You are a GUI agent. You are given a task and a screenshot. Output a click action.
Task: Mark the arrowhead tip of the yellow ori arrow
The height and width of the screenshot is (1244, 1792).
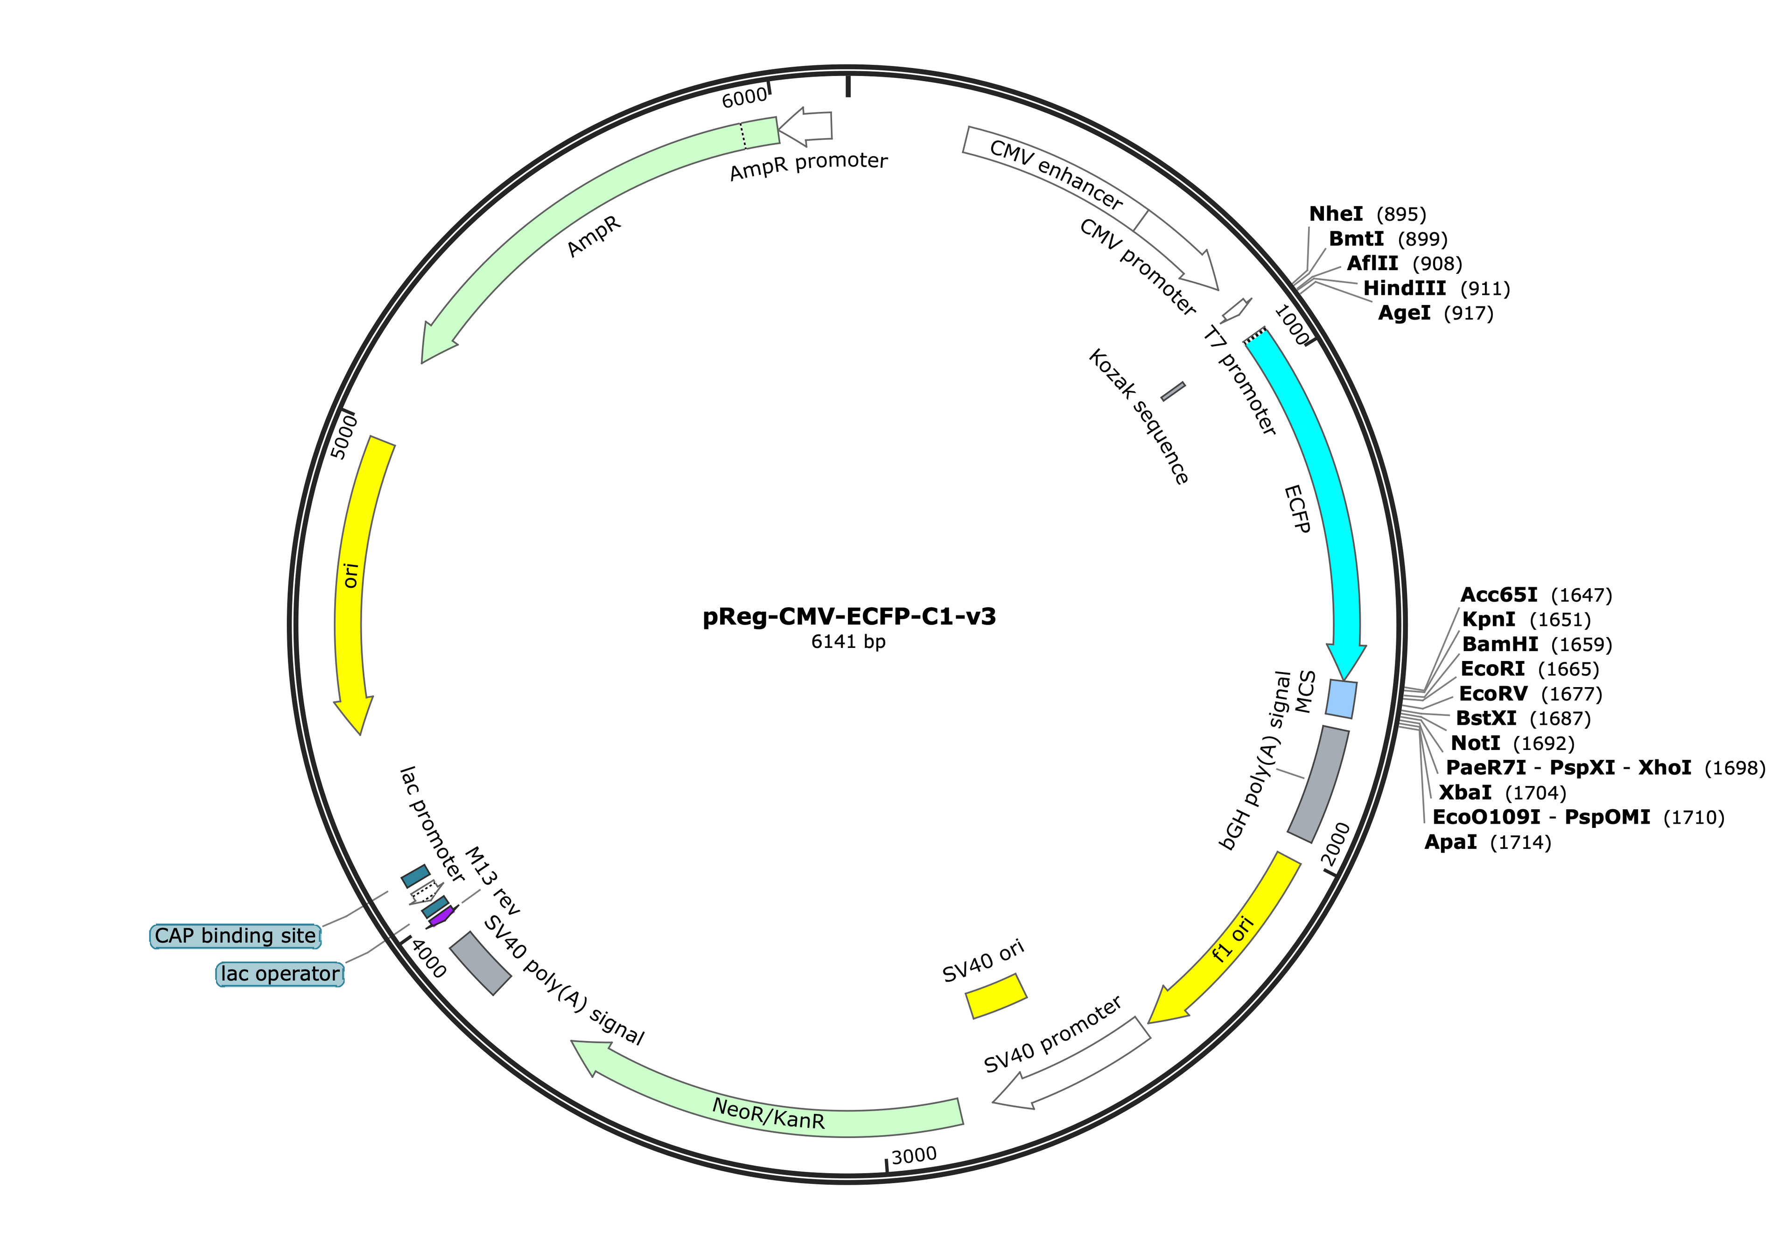click(361, 734)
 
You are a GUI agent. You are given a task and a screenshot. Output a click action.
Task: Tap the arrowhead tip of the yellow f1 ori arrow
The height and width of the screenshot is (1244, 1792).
click(1148, 1022)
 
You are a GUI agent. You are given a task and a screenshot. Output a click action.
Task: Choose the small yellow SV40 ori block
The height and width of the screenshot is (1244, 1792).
click(996, 995)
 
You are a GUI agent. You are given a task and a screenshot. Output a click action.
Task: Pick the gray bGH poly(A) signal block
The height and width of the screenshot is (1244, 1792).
click(1318, 784)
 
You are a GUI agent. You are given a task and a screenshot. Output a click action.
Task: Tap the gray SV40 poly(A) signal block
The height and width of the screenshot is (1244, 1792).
click(480, 963)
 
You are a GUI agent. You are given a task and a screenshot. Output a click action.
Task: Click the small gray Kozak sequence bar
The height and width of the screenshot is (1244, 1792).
click(1173, 391)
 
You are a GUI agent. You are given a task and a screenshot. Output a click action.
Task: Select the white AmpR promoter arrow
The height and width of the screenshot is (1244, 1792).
click(805, 128)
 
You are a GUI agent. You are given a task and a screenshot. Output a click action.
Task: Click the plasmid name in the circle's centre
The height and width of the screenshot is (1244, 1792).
click(849, 617)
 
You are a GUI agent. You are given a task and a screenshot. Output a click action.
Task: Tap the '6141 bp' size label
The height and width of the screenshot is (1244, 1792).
click(848, 641)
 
